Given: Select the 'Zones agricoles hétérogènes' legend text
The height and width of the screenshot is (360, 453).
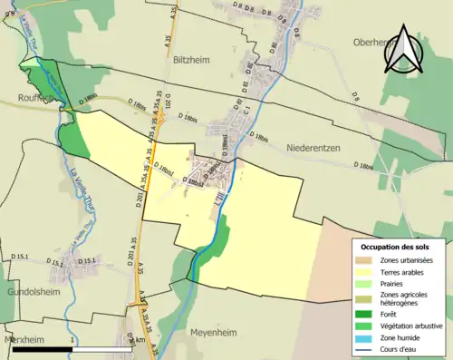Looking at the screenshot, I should (404, 299).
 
